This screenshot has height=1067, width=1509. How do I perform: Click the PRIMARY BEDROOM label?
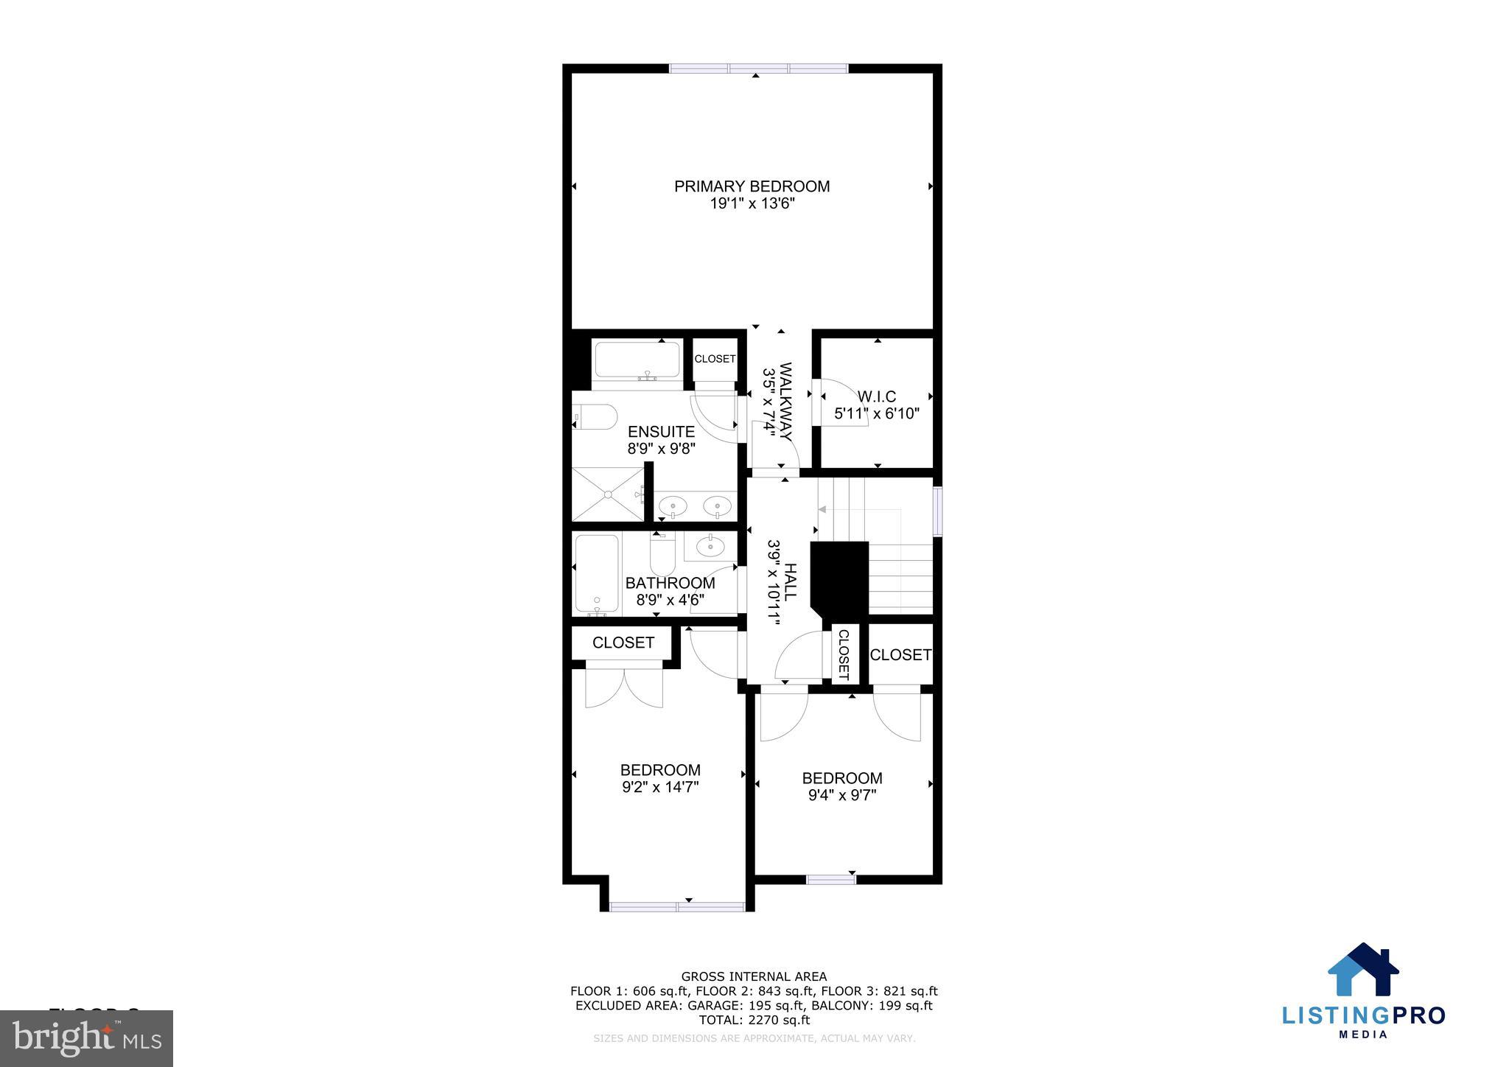tap(752, 186)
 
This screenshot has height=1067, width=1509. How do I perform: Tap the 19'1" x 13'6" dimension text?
tap(752, 204)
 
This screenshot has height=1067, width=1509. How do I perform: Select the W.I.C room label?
tap(876, 397)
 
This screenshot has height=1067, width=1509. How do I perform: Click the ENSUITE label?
tap(661, 432)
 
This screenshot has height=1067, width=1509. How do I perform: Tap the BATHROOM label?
tap(670, 583)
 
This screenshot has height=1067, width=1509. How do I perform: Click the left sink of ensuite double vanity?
tap(673, 506)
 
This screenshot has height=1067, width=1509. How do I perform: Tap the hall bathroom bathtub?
tap(597, 573)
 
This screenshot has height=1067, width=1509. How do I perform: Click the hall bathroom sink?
tap(710, 546)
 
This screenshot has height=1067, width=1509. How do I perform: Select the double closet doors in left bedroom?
tap(624, 688)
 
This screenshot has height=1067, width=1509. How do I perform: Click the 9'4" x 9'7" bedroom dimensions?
tap(842, 795)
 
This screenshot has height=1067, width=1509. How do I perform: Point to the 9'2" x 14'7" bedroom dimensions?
tap(660, 787)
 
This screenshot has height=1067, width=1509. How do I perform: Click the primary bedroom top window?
tap(759, 69)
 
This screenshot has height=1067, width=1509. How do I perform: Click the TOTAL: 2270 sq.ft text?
tap(754, 1020)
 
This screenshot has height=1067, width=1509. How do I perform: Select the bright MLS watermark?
tap(87, 1039)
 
